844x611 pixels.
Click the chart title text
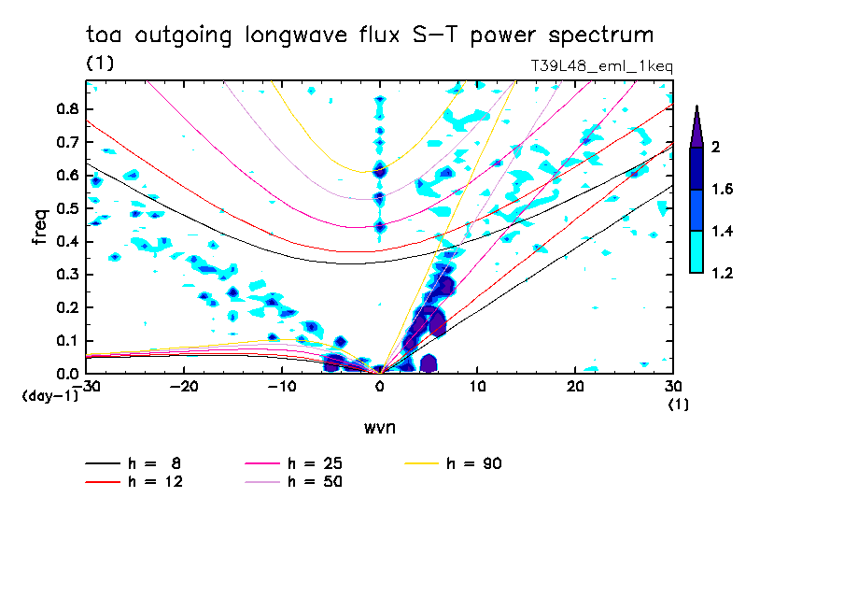(x=370, y=36)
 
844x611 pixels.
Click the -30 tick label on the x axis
(x=86, y=386)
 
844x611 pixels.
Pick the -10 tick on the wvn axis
(x=281, y=386)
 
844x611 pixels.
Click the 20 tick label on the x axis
(x=574, y=386)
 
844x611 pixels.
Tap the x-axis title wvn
(x=379, y=428)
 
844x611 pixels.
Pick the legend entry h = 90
(x=455, y=463)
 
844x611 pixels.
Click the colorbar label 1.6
(x=722, y=190)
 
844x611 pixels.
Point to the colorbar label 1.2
(x=722, y=273)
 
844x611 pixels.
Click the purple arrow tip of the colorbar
(x=696, y=126)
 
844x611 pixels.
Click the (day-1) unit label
(x=49, y=396)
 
